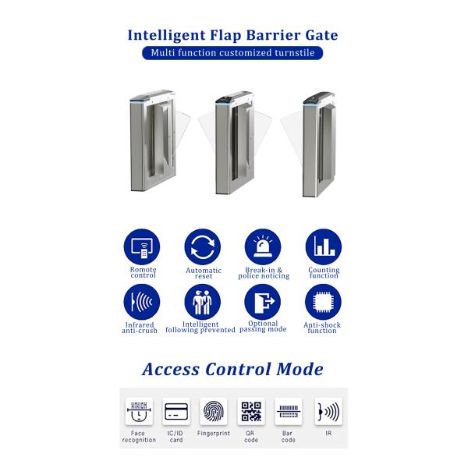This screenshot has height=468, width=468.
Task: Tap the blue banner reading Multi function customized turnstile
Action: pos(233,53)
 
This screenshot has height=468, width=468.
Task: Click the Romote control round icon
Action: pos(142,247)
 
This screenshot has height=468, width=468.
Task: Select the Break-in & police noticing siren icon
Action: pos(263,247)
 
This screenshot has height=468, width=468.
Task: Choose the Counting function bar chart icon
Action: pos(323,247)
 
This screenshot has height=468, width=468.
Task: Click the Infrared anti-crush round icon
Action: pos(142,302)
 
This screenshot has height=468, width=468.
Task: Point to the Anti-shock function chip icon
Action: pos(323,302)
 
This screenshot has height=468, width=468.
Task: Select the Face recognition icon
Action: pos(139,411)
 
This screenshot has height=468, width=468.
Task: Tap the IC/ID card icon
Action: pos(176,411)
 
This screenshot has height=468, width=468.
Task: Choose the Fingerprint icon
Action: pos(214,411)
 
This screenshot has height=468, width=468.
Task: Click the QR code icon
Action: pos(251,411)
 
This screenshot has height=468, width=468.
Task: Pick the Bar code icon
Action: pos(289,411)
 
